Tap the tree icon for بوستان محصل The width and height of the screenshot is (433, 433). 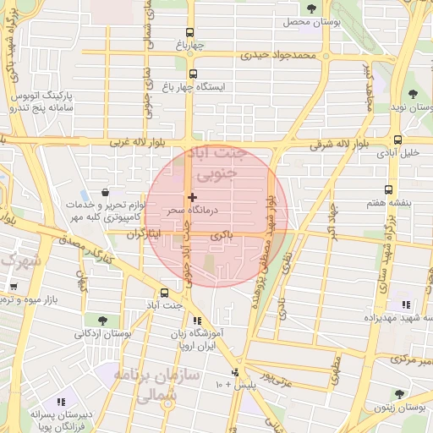tap(311, 8)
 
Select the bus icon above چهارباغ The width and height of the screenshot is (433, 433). tap(192, 33)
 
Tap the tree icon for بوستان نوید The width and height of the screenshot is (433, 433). tap(413, 94)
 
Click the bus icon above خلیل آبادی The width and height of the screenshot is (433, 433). tap(397, 140)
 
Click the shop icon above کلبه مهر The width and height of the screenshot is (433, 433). tap(105, 193)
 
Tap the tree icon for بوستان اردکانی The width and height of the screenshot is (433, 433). tap(102, 321)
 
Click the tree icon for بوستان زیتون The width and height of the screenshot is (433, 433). tap(398, 394)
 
